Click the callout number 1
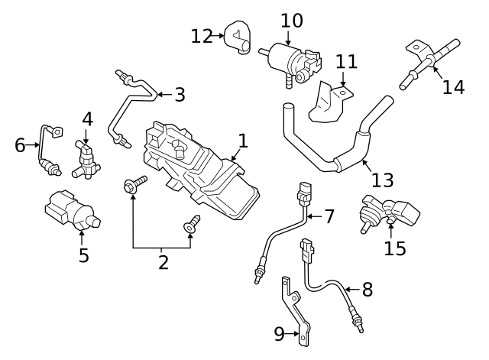[x=243, y=141]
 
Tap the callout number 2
[x=163, y=262]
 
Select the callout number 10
[x=291, y=20]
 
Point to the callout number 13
[x=382, y=180]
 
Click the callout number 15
[x=395, y=248]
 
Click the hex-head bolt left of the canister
[x=135, y=184]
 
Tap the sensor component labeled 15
[x=386, y=212]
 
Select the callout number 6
[x=20, y=144]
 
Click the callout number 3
[x=180, y=95]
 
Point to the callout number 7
[x=329, y=216]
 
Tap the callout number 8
[x=367, y=290]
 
